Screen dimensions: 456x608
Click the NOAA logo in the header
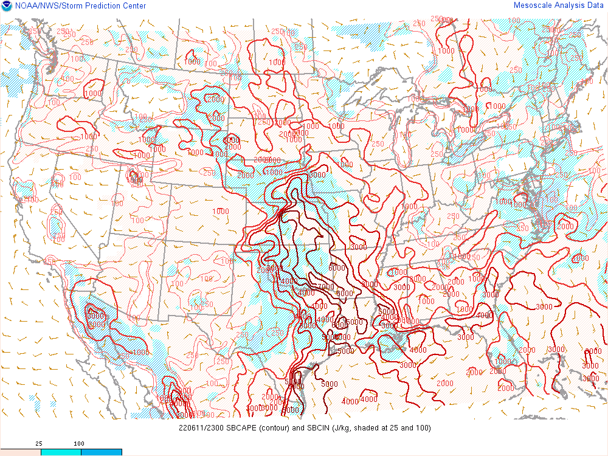pos(6,6)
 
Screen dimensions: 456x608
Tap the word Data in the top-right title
pos(595,5)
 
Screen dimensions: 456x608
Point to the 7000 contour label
pos(326,287)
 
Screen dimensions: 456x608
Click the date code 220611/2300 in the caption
pos(199,428)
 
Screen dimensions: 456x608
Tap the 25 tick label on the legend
pos(38,444)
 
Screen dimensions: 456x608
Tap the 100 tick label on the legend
pos(80,444)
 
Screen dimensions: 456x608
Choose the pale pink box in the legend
pos(20,452)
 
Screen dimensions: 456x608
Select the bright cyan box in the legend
pos(61,452)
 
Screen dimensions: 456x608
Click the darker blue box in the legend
pos(102,452)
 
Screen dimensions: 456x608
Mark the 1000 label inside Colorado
pos(221,211)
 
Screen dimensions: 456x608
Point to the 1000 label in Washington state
pos(93,93)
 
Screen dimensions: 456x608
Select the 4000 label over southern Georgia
pos(485,316)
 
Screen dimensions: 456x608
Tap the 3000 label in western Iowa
pos(317,174)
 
